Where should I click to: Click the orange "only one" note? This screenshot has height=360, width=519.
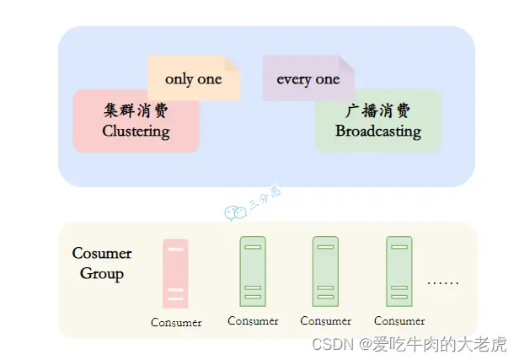(x=194, y=78)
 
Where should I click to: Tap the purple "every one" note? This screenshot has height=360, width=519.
(x=308, y=79)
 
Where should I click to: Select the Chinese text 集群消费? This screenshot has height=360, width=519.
(x=136, y=111)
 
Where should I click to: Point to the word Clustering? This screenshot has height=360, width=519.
(x=136, y=132)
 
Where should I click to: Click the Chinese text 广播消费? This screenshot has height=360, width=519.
(x=378, y=111)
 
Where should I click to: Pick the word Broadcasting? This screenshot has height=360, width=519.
(x=378, y=132)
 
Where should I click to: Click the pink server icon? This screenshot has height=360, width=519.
(x=175, y=273)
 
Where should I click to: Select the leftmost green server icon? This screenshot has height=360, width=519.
(x=253, y=269)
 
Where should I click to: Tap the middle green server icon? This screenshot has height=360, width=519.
(x=325, y=269)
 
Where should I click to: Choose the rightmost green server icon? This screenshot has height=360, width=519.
(x=399, y=269)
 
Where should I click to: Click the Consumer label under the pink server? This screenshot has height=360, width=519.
(x=176, y=323)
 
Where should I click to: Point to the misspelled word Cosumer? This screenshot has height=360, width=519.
(x=102, y=253)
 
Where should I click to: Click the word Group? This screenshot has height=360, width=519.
(x=102, y=274)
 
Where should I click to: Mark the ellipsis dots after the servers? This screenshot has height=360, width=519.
(x=443, y=282)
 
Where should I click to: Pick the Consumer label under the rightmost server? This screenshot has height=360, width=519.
(x=399, y=321)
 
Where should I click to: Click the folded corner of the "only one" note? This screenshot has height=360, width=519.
(x=233, y=64)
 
